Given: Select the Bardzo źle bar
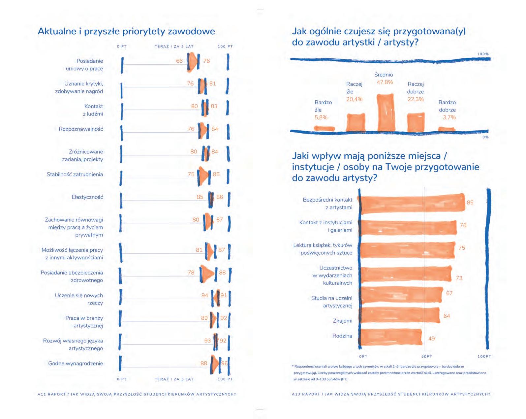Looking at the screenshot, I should pos(324,129).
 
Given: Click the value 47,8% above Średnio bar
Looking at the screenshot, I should pos(385,82).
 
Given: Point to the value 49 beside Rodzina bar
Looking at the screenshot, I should pos(431,338).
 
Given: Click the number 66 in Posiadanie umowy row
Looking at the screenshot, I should pos(179,61).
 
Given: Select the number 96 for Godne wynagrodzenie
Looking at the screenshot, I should pos(225,364).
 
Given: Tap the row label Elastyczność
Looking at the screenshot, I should pos(87,197).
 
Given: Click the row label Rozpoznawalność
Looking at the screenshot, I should pos(81,129).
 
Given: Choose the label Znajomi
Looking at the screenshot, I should pos(343,321).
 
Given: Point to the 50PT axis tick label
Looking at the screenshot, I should pos(426,357).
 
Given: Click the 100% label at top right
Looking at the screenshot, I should pos(483,54).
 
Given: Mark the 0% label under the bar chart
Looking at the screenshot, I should pos(485,137).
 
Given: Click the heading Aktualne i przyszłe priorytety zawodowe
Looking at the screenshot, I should pos(126,31).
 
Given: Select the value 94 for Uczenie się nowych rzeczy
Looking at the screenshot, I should pos(205,295).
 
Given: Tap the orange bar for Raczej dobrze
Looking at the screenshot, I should pos(416,122).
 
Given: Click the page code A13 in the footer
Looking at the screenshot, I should pos(296,394).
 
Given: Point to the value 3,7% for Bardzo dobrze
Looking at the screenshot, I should pos(449,117).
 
